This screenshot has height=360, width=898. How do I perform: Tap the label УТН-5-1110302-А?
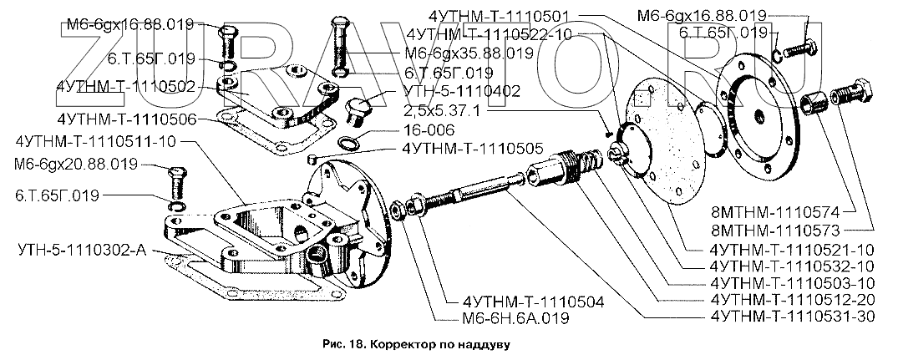(81, 249)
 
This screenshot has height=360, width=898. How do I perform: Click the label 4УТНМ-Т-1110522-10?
(489, 34)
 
